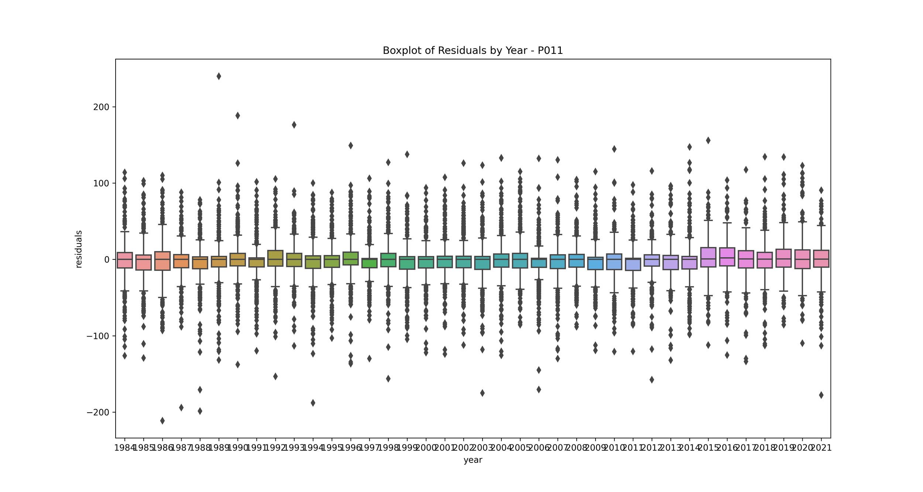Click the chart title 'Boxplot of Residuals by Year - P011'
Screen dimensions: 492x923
(x=473, y=51)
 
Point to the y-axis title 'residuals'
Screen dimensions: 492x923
(x=79, y=249)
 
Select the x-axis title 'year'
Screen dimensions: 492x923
(x=473, y=460)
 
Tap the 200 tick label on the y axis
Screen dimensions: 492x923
(x=101, y=107)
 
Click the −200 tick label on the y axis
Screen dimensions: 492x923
(x=98, y=412)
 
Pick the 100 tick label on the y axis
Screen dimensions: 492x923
(x=101, y=183)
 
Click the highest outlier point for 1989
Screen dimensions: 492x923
(x=219, y=76)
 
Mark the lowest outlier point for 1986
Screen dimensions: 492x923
(x=162, y=421)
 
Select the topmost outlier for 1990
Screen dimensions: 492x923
(x=238, y=116)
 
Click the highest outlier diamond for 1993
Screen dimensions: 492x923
(x=294, y=125)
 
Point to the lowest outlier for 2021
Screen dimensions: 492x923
(x=821, y=395)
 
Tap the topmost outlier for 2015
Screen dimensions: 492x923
(x=708, y=141)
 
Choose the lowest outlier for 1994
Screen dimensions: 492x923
(x=313, y=403)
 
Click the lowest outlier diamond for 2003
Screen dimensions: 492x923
(x=482, y=393)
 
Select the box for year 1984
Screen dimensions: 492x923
(x=125, y=260)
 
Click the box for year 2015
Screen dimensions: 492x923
(x=708, y=257)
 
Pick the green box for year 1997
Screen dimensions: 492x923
(x=369, y=263)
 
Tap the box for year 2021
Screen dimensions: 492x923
(x=821, y=259)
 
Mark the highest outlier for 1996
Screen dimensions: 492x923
(x=351, y=146)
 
